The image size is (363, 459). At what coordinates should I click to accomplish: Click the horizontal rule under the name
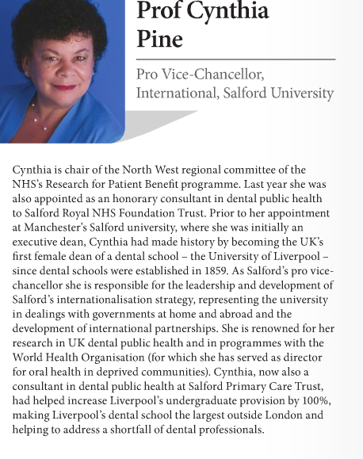tap(235, 59)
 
